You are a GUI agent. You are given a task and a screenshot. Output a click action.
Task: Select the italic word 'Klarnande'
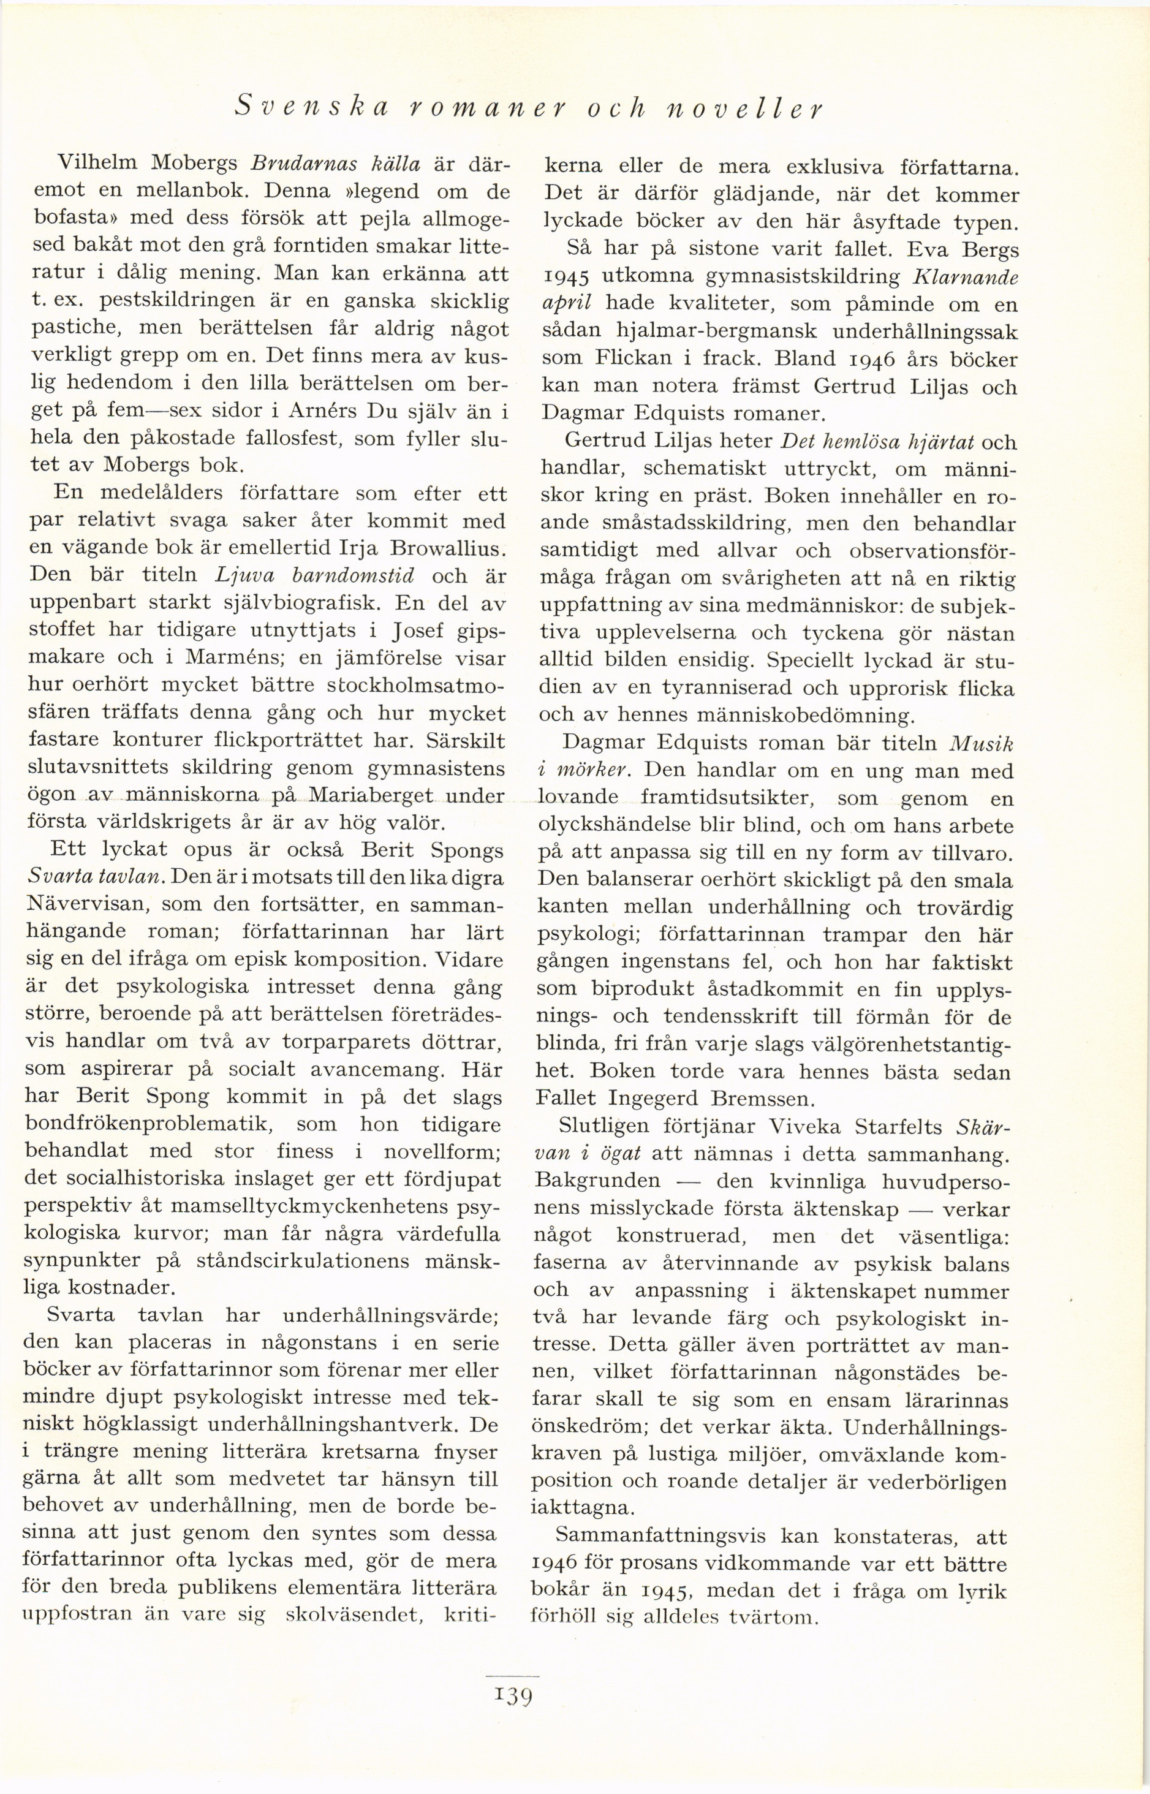click(x=964, y=277)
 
